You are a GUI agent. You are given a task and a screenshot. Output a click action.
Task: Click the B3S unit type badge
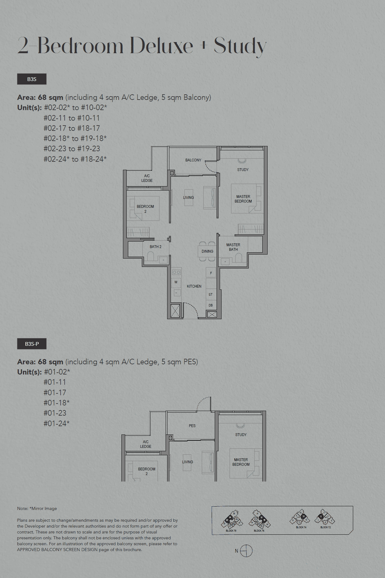32,79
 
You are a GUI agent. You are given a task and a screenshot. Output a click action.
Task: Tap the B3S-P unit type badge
32,344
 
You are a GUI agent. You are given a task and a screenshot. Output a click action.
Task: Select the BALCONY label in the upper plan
193,160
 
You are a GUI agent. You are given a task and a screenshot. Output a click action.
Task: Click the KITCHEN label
194,286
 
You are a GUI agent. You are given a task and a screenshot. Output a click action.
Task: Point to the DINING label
207,251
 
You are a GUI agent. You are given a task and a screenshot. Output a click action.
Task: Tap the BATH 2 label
155,247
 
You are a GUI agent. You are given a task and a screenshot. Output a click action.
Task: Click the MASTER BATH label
233,247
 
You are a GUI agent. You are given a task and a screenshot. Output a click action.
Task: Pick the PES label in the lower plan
192,426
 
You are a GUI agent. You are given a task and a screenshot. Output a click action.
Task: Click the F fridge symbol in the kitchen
211,273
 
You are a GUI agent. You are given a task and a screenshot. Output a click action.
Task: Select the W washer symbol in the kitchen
176,282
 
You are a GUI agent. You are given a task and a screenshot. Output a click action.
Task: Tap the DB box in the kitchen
211,305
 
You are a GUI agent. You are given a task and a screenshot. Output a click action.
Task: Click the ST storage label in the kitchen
211,295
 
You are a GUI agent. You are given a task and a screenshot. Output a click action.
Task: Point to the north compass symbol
246,551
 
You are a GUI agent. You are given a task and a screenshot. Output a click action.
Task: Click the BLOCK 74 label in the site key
301,527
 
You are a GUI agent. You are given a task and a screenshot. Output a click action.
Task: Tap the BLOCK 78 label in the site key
231,531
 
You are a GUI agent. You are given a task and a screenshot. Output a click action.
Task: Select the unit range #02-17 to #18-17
72,128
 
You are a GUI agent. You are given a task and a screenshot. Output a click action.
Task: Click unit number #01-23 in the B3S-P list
55,413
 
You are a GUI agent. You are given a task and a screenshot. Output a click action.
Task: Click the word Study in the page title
240,46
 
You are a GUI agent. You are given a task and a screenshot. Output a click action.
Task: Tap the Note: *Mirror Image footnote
37,508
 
